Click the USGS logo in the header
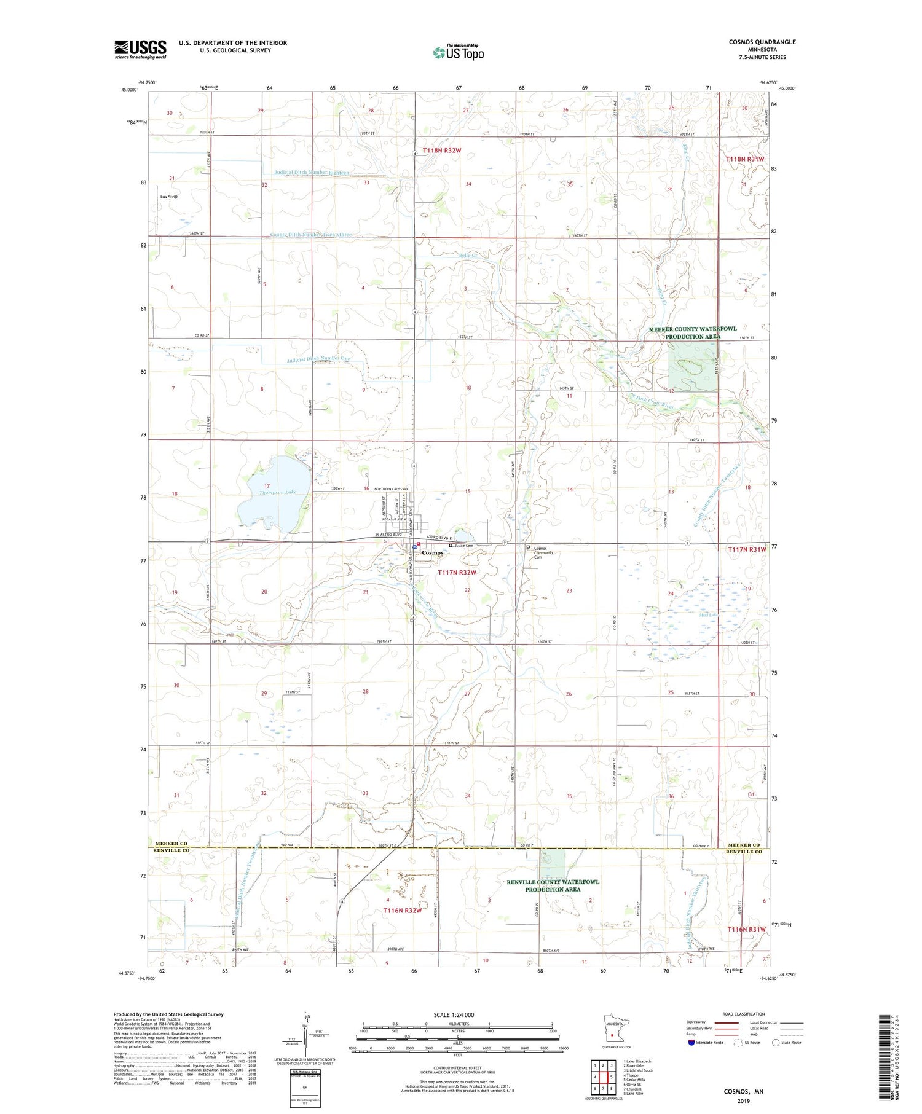click(x=140, y=49)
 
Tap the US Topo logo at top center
click(x=458, y=53)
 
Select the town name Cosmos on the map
click(x=433, y=553)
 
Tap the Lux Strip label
click(x=168, y=197)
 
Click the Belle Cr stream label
click(x=467, y=254)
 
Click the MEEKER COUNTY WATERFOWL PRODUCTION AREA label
click(x=692, y=332)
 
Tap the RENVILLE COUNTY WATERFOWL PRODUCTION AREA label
click(x=553, y=885)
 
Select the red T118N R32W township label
click(x=441, y=150)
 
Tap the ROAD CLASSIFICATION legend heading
click(x=743, y=1014)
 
